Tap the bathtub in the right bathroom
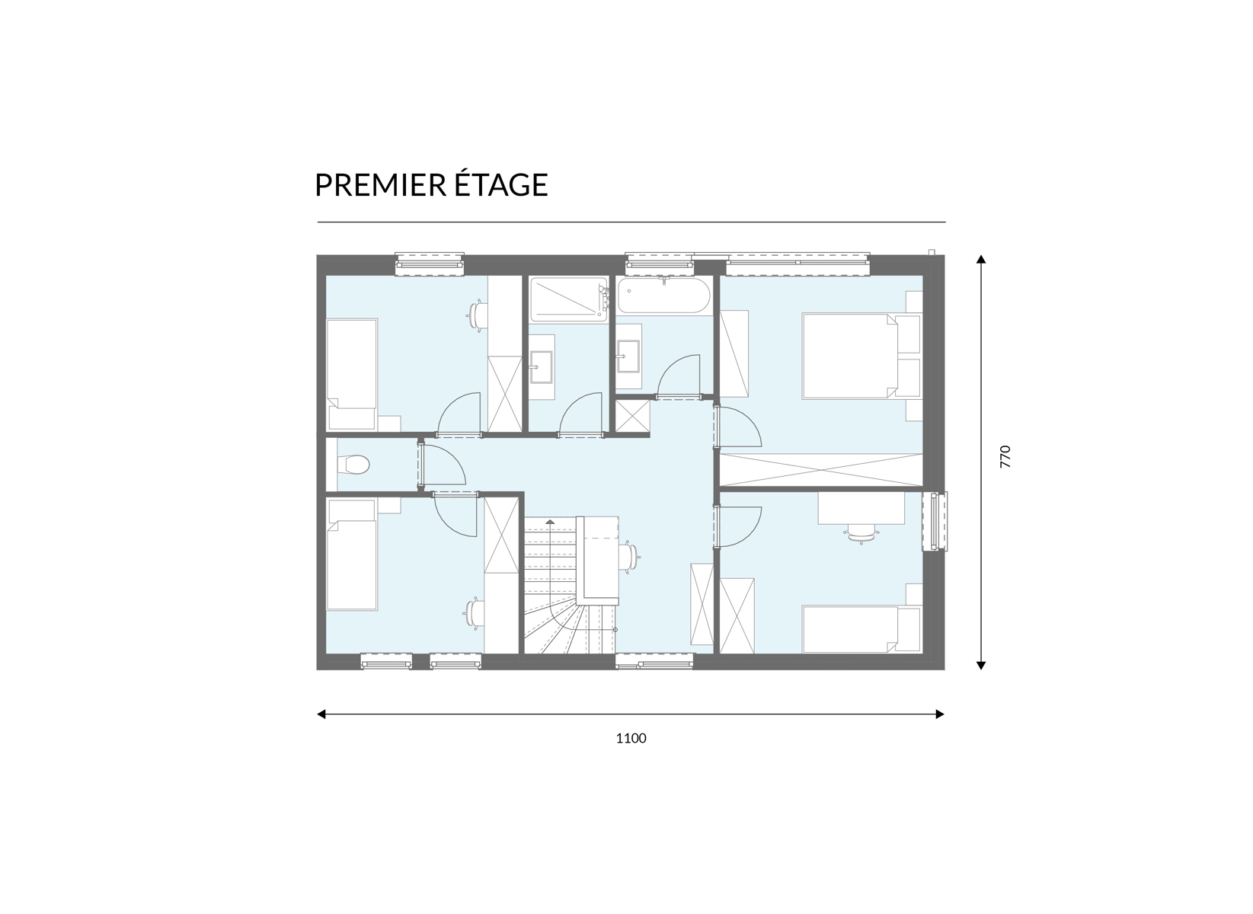coord(664,296)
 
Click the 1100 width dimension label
coord(631,738)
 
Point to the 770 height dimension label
coord(1005,456)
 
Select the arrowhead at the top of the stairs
coord(551,521)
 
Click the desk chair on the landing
coord(630,557)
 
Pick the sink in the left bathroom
coord(542,367)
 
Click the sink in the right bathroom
coord(628,356)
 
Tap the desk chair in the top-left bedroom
coord(476,317)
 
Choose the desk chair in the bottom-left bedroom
coord(475,612)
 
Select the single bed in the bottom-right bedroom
coord(861,628)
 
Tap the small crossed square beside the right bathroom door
coord(633,415)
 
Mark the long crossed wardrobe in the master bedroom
coord(820,470)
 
